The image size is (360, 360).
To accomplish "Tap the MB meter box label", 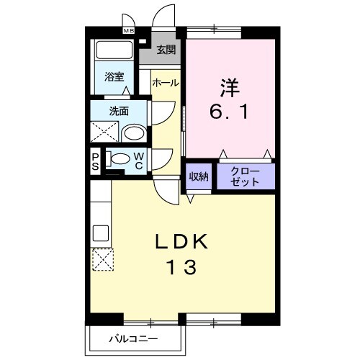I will click(x=129, y=32).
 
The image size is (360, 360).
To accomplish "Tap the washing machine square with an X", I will click(x=103, y=132).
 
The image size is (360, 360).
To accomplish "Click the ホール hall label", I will click(x=165, y=84).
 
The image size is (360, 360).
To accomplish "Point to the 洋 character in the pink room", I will click(x=230, y=88).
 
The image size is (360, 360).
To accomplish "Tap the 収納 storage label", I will click(x=199, y=176).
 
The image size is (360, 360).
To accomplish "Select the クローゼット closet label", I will click(x=246, y=177).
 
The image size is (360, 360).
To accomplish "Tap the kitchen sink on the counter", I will click(x=100, y=233).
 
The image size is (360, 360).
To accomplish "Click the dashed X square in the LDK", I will click(x=101, y=258).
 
